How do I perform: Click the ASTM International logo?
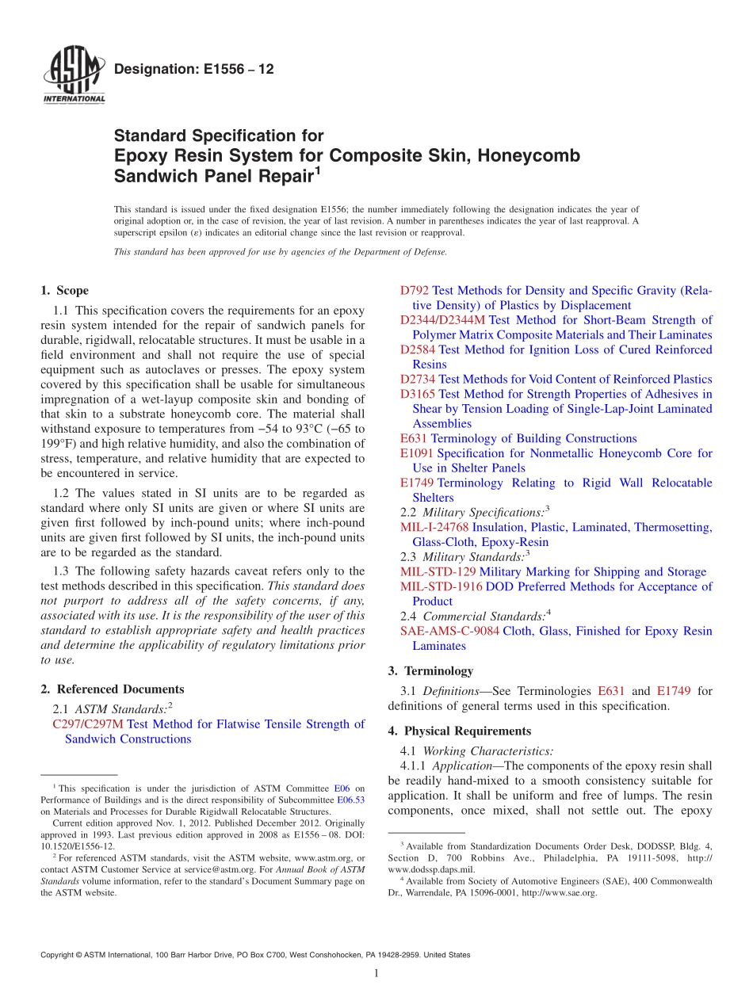73,77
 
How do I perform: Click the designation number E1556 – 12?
194,70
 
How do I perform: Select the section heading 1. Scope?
64,291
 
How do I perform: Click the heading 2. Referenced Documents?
112,689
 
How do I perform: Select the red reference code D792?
415,291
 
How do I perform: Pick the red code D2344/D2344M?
442,320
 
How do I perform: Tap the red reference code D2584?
418,349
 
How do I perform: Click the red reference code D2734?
418,380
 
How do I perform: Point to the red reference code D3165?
418,394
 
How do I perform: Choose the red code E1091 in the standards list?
417,453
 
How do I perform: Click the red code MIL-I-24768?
434,527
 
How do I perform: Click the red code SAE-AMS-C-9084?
449,632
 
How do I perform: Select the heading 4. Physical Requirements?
460,731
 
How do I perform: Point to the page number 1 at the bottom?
376,974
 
